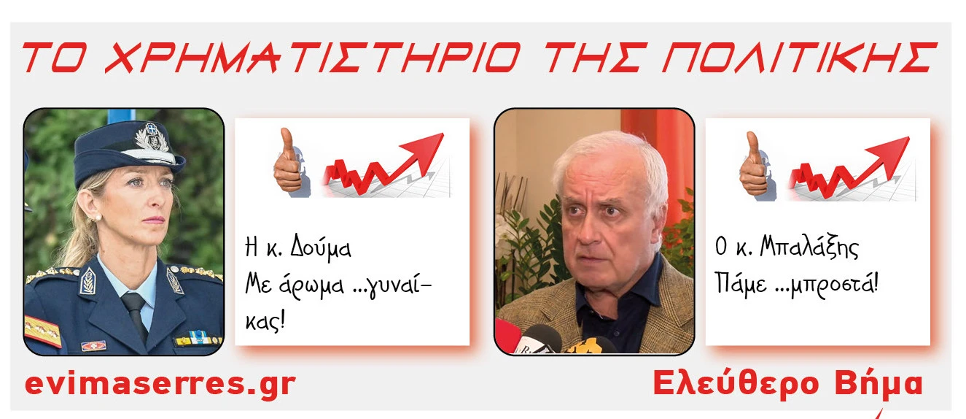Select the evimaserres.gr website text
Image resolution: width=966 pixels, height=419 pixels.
point(160,384)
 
